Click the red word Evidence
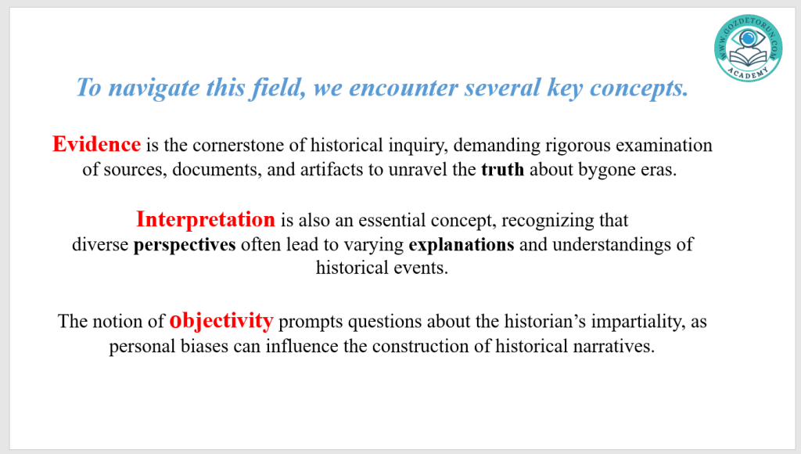point(96,144)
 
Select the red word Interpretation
point(206,220)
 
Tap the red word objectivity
point(221,321)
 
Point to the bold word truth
point(503,169)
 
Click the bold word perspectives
point(185,245)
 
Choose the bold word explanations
point(462,245)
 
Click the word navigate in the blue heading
point(154,88)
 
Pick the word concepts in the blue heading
point(639,88)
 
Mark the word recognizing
point(548,221)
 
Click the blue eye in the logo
point(749,38)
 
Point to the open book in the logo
point(749,58)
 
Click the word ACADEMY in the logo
point(748,74)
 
